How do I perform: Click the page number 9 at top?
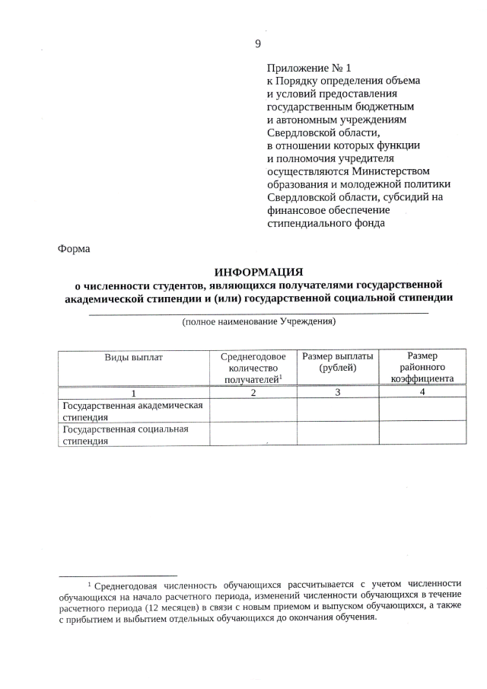pyautogui.click(x=258, y=43)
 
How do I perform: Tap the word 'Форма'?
pyautogui.click(x=74, y=249)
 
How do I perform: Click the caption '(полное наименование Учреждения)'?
pyautogui.click(x=259, y=322)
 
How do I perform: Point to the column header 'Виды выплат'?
pyautogui.click(x=134, y=356)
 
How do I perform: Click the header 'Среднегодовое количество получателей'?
pyautogui.click(x=253, y=367)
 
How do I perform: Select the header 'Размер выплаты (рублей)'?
pyautogui.click(x=338, y=362)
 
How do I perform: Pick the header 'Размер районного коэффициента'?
pyautogui.click(x=422, y=367)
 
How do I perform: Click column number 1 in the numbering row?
pyautogui.click(x=134, y=393)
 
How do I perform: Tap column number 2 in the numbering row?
pyautogui.click(x=253, y=393)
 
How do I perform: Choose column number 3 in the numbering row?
pyautogui.click(x=338, y=393)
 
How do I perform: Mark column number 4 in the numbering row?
pyautogui.click(x=422, y=393)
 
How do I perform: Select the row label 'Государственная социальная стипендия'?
pyautogui.click(x=125, y=434)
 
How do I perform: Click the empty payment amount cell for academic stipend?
pyautogui.click(x=338, y=410)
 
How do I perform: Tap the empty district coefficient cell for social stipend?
pyautogui.click(x=422, y=434)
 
